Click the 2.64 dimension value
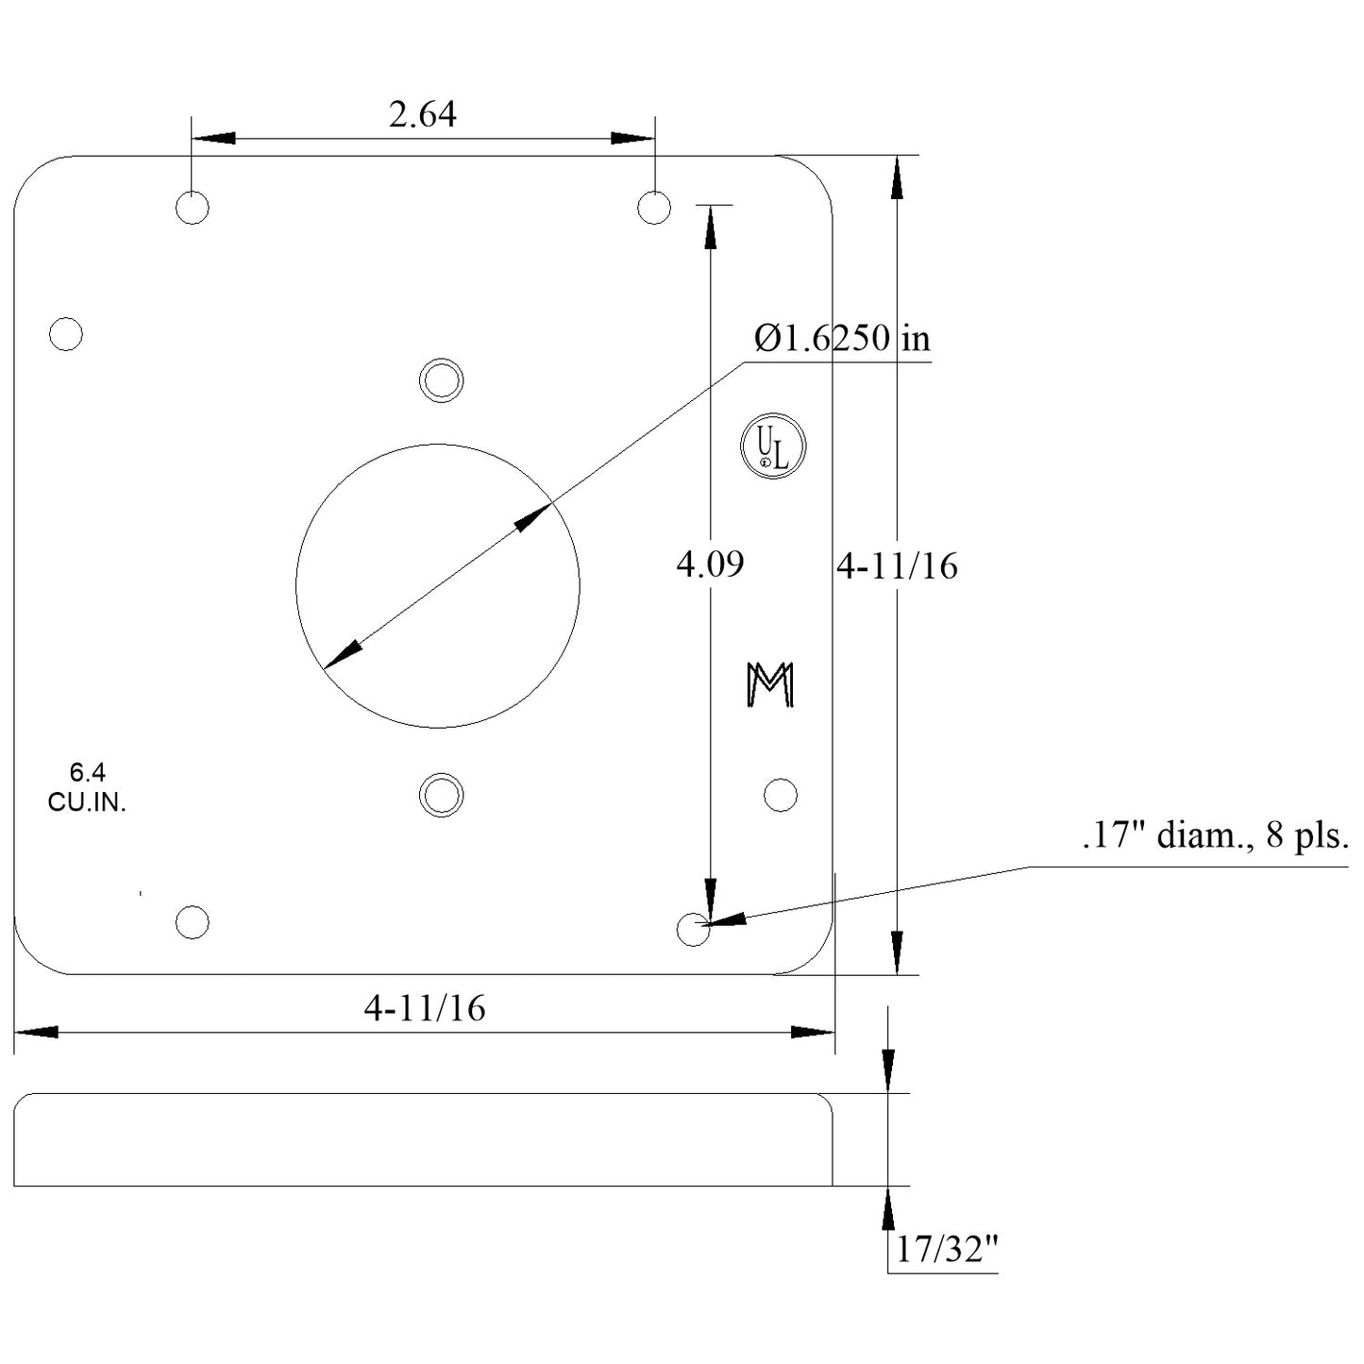point(422,114)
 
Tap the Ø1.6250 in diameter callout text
point(842,338)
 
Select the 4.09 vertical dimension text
point(710,564)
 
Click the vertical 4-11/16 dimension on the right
point(898,566)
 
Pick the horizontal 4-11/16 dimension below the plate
point(425,1009)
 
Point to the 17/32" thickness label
point(946,1251)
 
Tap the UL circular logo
point(773,446)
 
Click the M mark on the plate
point(770,684)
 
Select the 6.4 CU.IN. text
point(87,788)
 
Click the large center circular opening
point(437,586)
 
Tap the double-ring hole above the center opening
point(441,380)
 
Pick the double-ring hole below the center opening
point(441,795)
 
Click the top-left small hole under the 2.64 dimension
point(193,208)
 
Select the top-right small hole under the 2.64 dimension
point(654,208)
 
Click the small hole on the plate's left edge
point(66,334)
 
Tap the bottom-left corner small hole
point(193,922)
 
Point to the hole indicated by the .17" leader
point(694,930)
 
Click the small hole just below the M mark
point(780,795)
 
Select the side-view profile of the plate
point(423,1139)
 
